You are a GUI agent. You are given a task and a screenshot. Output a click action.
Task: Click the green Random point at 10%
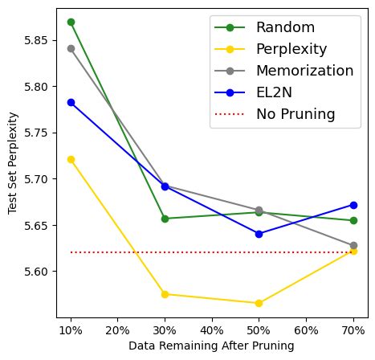point(71,22)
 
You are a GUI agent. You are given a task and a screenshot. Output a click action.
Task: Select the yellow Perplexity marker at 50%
point(259,303)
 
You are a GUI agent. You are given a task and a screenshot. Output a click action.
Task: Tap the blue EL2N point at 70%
point(353,205)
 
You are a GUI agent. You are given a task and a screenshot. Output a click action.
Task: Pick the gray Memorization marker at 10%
point(71,48)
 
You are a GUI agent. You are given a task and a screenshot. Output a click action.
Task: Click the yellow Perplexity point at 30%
point(165,294)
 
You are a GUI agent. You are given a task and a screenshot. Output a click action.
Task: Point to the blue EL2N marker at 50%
point(259,234)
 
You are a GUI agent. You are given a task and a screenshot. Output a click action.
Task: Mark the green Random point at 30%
point(165,219)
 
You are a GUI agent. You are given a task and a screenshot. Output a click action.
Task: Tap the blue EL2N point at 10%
point(71,102)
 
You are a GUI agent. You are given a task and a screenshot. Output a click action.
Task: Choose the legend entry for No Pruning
point(295,114)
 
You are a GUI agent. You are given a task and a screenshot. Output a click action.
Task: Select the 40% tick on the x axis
point(211,330)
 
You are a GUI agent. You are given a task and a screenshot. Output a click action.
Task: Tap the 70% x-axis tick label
point(353,330)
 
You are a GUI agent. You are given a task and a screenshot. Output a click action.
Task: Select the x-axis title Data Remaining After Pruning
point(211,346)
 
